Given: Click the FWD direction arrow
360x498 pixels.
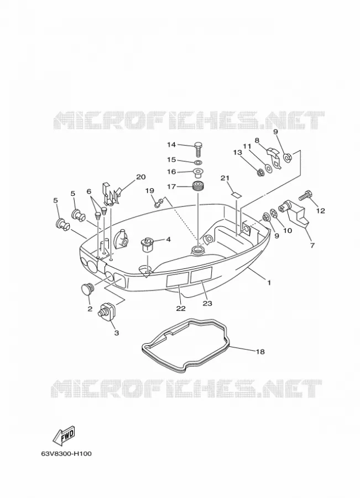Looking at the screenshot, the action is pos(64,435).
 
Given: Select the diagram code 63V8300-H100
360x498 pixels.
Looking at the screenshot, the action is pos(66,454).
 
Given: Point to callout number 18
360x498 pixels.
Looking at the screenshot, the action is pos(260,351).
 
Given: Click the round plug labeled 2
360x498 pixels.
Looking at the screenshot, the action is pos(86,289).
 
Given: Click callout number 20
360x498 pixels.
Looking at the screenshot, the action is pos(140,177).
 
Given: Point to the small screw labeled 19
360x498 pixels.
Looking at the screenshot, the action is pos(159,202).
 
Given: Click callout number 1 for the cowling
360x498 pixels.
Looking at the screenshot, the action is pos(269,282).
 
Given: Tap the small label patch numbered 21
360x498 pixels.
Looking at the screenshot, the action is pos(236,195).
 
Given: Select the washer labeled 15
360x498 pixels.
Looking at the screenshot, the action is pos(199,163).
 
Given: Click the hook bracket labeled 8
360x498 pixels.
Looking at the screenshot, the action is pos(273,157).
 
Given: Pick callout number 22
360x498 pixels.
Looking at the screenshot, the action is pos(181,308).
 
